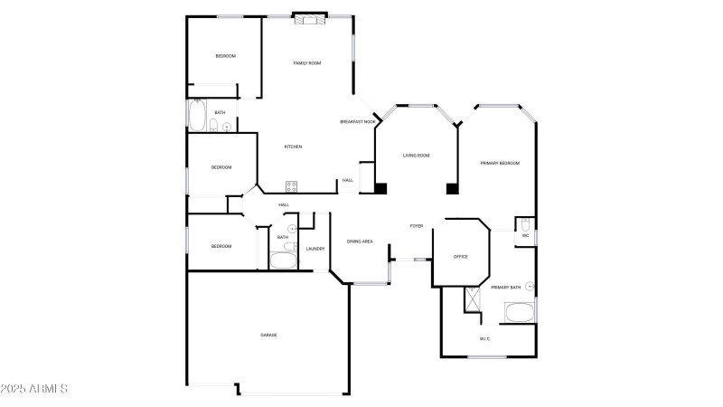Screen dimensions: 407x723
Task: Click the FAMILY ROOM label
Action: (307, 63)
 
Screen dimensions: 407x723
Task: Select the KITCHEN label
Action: (293, 147)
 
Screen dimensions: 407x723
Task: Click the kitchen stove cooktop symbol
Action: (292, 187)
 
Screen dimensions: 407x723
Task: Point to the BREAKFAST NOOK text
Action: (358, 122)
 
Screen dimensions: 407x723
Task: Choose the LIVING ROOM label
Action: (416, 156)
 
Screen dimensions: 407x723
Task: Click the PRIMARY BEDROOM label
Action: (500, 163)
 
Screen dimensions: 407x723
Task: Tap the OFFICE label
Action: (460, 257)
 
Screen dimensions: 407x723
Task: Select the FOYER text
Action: (417, 226)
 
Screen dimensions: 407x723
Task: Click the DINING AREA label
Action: (360, 241)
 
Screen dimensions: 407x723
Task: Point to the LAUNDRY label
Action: (315, 249)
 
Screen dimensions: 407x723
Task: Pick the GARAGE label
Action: (268, 336)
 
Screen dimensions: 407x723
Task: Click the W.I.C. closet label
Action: (485, 339)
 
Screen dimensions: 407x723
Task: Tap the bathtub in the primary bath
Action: (519, 314)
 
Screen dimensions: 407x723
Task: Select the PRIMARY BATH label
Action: (505, 288)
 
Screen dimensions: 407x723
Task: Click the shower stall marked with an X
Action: (472, 299)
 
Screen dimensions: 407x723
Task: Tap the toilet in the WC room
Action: (525, 222)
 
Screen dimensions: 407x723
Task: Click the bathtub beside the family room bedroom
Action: (197, 116)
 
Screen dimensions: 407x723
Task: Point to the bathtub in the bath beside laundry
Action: (282, 260)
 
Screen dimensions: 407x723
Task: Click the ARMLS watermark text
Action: (36, 389)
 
